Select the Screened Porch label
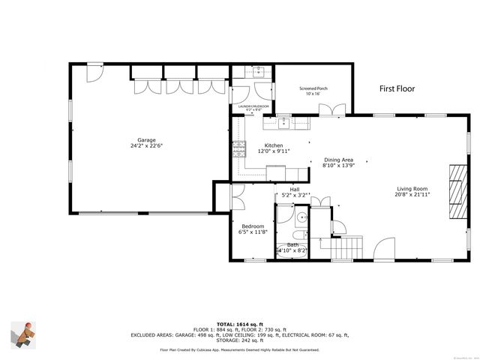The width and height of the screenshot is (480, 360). [313, 88]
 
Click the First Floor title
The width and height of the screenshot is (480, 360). [397, 88]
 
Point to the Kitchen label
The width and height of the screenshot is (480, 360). [274, 145]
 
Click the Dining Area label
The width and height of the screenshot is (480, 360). [337, 160]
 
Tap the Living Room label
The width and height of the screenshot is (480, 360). [412, 188]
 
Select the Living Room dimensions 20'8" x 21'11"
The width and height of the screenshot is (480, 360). [412, 194]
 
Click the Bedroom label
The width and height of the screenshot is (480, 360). [252, 226]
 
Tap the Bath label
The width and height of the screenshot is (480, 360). [292, 246]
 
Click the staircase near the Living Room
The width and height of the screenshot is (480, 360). [349, 244]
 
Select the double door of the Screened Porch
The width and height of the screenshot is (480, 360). [331, 109]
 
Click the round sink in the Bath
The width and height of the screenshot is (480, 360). [300, 219]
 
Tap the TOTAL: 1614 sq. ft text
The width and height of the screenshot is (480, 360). [239, 324]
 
